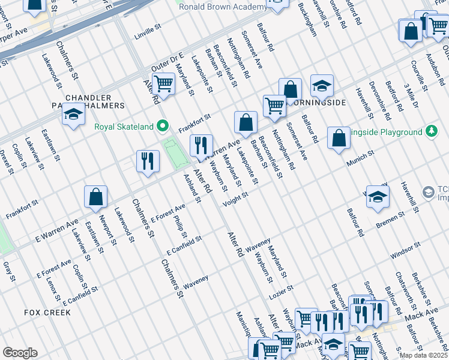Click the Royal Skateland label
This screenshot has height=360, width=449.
pyautogui.click(x=124, y=127)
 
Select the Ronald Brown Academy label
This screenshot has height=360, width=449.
pyautogui.click(x=223, y=7)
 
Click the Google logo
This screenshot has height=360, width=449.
pyautogui.click(x=20, y=353)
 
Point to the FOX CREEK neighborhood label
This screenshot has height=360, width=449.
pyautogui.click(x=47, y=313)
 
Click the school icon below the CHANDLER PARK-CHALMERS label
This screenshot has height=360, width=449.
pyautogui.click(x=73, y=116)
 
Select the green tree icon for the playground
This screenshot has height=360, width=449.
pyautogui.click(x=431, y=131)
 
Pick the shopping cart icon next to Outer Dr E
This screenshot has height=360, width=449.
pyautogui.click(x=163, y=85)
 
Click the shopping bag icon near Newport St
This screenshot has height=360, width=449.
pyautogui.click(x=95, y=197)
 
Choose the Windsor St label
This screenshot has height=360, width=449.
pyautogui.click(x=405, y=247)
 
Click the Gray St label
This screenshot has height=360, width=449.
pyautogui.click(x=9, y=271)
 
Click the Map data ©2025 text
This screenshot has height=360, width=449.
pyautogui.click(x=424, y=355)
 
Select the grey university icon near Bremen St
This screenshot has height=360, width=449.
pyautogui.click(x=429, y=192)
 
